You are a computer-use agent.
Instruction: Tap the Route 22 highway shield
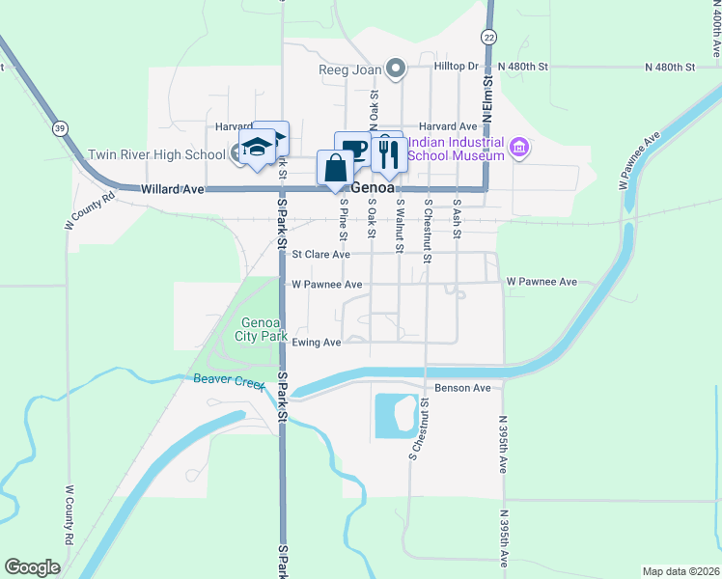(x=489, y=37)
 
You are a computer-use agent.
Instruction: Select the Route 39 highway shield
(x=61, y=128)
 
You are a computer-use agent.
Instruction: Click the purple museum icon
(x=519, y=148)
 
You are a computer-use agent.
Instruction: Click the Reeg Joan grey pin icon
(x=395, y=68)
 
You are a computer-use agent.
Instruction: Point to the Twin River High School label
(x=156, y=154)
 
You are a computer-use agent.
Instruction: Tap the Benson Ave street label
(x=463, y=388)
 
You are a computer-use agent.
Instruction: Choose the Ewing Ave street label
(x=318, y=343)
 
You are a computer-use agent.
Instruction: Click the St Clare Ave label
(x=320, y=255)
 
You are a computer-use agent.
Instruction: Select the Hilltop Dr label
(x=456, y=66)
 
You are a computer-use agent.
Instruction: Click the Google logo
(x=33, y=567)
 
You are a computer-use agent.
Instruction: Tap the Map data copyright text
(x=680, y=571)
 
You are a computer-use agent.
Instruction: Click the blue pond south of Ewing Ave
(x=393, y=415)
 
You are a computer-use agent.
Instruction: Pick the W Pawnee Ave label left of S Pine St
(x=326, y=285)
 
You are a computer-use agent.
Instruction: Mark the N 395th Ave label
(x=504, y=445)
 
